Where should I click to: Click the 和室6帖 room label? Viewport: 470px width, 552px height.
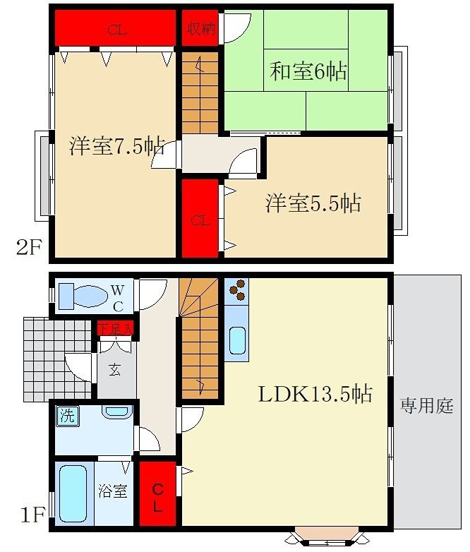(309, 72)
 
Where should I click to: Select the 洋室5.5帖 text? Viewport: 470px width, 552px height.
(313, 203)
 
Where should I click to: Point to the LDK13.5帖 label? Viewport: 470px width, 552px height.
(315, 394)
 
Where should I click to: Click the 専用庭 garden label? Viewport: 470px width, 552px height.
(426, 406)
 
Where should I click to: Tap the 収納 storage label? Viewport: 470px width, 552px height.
(200, 29)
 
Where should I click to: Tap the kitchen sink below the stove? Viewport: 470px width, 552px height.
(237, 342)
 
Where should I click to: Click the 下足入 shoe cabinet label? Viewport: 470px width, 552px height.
(115, 329)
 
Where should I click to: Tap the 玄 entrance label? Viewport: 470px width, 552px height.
(114, 369)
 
